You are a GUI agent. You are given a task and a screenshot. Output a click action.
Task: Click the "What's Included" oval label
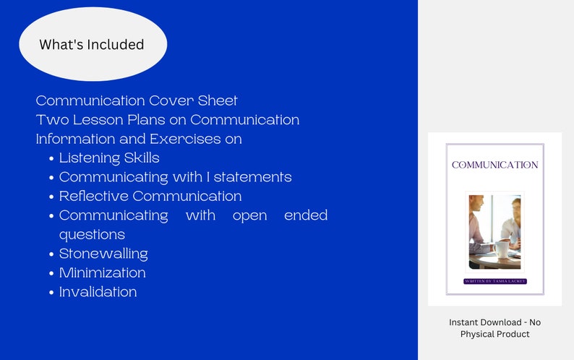click(92, 45)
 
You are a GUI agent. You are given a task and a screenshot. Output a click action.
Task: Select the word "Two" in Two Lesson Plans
click(51, 120)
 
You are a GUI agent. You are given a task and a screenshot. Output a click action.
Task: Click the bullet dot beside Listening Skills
click(51, 158)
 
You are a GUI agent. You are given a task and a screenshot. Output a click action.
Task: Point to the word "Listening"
click(90, 158)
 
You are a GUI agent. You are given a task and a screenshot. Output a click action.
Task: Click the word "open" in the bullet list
click(249, 215)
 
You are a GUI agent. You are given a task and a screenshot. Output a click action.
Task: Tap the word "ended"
click(306, 215)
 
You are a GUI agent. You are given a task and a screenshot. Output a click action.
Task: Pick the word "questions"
click(92, 235)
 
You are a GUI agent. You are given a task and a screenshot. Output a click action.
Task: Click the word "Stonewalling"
click(103, 254)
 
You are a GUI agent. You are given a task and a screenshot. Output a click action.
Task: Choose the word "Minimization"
click(102, 273)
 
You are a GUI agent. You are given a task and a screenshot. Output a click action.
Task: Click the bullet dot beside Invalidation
click(51, 293)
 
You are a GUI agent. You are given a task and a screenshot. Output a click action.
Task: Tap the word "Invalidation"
click(98, 292)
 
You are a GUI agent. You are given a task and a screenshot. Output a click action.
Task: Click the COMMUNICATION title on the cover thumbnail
click(494, 165)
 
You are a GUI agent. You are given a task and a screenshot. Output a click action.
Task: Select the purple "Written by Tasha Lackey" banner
click(494, 280)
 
